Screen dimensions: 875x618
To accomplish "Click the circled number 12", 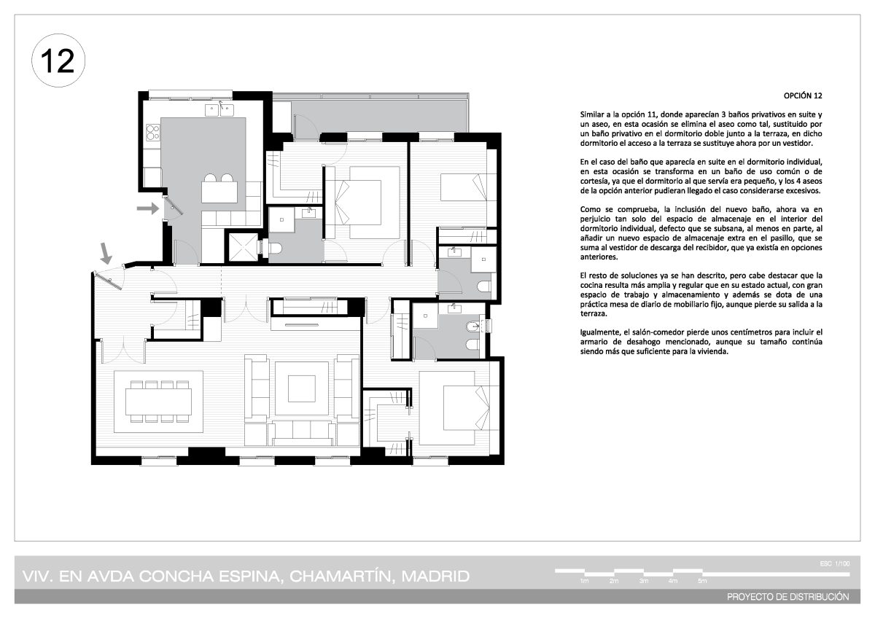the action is click(58, 60).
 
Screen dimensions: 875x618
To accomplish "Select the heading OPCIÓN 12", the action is click(803, 96).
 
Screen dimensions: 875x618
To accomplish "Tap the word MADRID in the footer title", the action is click(435, 576).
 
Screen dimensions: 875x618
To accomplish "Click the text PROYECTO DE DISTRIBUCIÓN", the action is click(788, 597).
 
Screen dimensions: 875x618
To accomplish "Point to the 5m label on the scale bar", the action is click(702, 581).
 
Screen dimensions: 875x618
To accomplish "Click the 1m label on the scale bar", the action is click(584, 581).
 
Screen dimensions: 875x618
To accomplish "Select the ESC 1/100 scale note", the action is click(835, 563).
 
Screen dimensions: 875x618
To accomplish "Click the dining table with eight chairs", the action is click(159, 402).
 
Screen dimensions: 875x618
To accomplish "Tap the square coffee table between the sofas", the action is click(302, 388).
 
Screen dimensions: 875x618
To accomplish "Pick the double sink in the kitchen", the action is click(219, 110).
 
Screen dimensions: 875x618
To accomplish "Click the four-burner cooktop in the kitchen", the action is click(152, 132).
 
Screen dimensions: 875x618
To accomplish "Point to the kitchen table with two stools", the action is click(219, 189).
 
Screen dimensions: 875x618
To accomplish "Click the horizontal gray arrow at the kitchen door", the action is click(147, 208).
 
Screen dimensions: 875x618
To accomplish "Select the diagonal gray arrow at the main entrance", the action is click(106, 253).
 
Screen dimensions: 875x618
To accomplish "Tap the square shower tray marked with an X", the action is click(244, 248).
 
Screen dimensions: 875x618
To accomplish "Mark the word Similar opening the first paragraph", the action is click(592, 114).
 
